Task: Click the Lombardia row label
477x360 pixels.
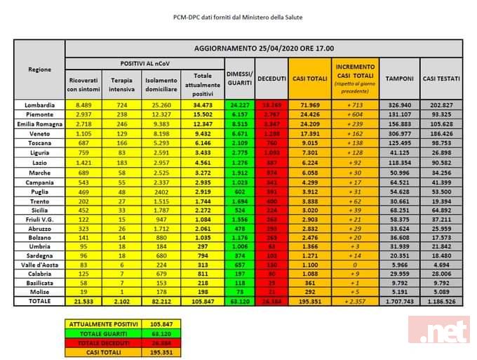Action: coord(39,104)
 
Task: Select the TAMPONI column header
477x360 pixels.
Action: coord(402,79)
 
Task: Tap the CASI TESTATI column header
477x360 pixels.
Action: coord(441,79)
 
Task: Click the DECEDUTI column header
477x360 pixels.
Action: coord(271,79)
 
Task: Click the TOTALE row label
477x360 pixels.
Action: coord(39,300)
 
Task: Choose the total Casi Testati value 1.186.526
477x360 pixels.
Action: coord(441,300)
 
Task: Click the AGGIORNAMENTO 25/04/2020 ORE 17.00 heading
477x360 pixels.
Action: coord(263,48)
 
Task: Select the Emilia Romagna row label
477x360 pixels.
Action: coord(39,123)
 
